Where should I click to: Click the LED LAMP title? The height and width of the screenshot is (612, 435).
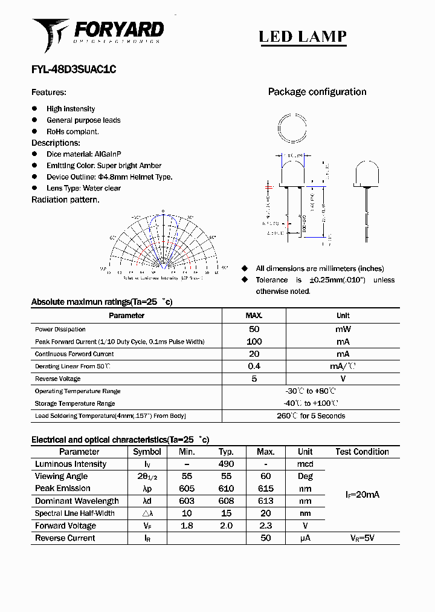point(303,37)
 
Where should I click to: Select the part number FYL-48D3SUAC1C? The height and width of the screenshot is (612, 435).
point(74,70)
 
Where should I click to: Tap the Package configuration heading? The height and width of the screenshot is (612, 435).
point(317,92)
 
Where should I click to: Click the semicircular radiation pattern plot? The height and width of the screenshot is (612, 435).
point(163,242)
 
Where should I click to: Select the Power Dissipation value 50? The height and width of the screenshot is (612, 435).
point(254,329)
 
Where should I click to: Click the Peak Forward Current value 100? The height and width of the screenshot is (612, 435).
point(254,342)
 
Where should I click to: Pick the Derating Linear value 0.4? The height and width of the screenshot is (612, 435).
point(254,366)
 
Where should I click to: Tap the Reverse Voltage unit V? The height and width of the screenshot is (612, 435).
point(343,379)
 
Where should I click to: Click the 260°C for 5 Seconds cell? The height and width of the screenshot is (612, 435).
point(311,416)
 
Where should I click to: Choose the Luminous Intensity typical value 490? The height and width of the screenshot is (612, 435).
point(226,464)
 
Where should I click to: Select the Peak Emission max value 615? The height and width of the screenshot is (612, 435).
point(265,489)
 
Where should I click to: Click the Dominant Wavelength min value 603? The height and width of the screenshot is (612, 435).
point(187,501)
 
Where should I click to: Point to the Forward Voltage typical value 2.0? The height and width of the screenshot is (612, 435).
point(226,526)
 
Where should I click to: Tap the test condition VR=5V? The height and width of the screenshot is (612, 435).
point(362,538)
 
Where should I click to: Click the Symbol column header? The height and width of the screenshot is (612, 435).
point(147,452)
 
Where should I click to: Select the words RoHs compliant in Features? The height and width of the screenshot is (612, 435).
point(72,131)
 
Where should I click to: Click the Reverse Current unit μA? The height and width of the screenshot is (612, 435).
point(305,538)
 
